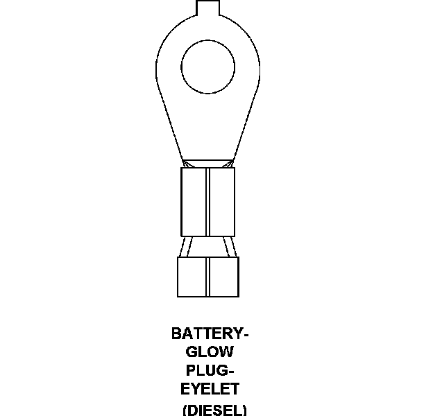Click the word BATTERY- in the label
point(210,334)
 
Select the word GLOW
point(210,352)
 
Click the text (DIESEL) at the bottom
point(214,409)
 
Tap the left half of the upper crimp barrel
point(194,201)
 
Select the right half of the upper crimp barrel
point(222,201)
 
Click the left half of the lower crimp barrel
point(193,277)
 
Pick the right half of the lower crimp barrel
point(223,277)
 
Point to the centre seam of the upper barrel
point(207,201)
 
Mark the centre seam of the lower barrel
point(208,277)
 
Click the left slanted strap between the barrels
point(185,247)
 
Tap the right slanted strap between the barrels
point(230,247)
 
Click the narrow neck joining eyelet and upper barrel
point(207,163)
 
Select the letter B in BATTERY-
point(176,334)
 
